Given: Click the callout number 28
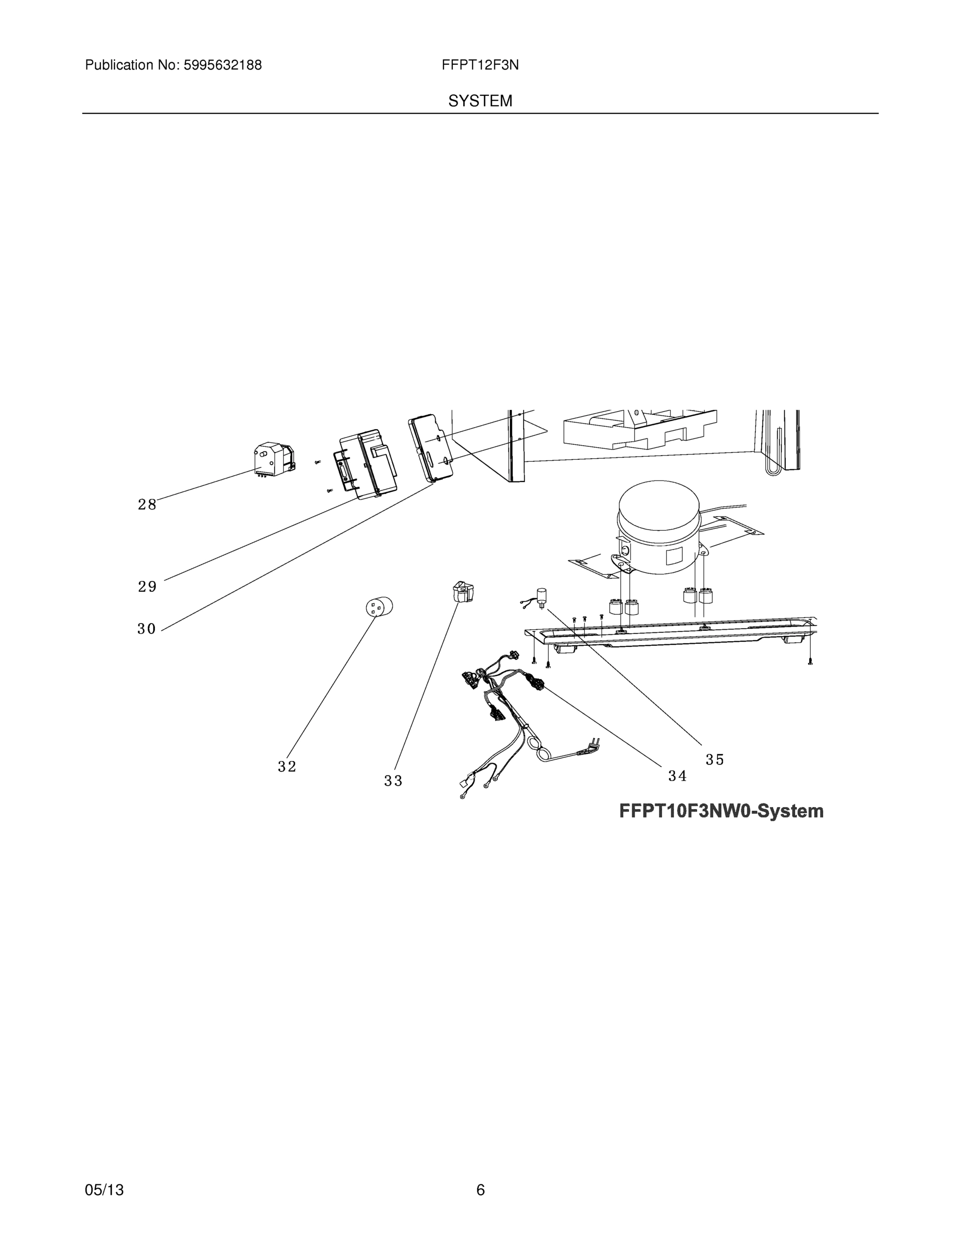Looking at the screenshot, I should (147, 504).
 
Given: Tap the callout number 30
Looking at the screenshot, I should (146, 629).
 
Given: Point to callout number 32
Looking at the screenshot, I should (287, 767).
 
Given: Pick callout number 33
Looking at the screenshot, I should (393, 781).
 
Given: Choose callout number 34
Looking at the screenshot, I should (678, 776).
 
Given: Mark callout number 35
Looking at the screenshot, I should (714, 759).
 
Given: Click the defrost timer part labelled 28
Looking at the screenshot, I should (274, 460).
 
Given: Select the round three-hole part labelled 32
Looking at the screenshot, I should (379, 606).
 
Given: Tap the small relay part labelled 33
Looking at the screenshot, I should (463, 591).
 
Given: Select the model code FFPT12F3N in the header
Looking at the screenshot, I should (480, 65).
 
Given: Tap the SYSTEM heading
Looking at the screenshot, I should (480, 101).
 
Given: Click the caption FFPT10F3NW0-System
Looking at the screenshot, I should (721, 811).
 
